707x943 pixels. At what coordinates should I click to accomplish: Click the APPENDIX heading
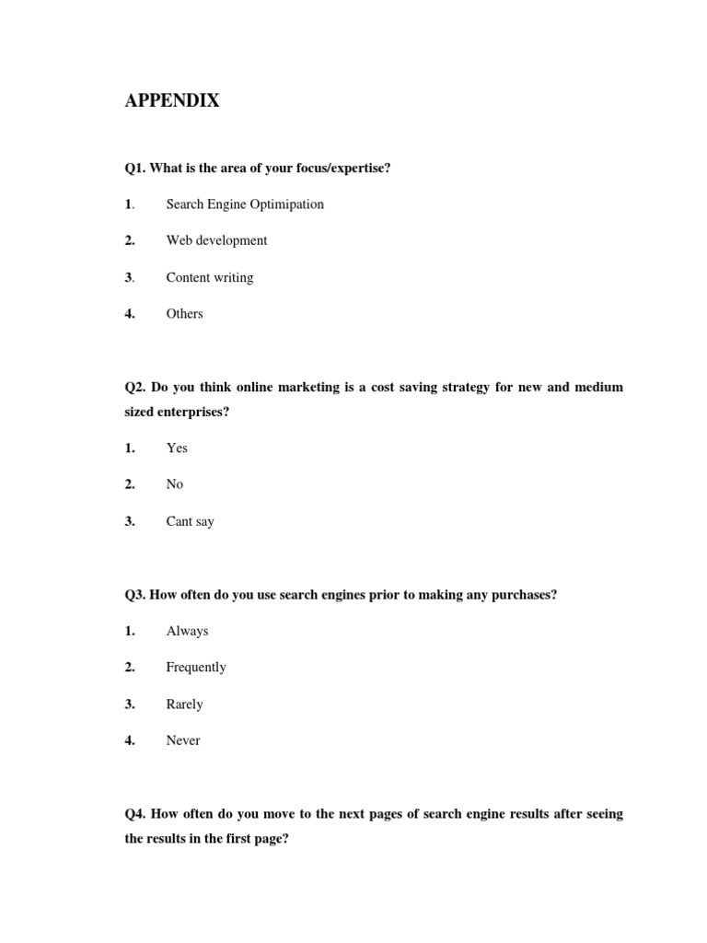[172, 101]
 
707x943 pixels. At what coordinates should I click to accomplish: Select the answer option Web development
[216, 240]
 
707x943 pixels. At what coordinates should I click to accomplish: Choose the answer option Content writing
[209, 277]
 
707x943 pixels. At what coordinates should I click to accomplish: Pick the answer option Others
[184, 314]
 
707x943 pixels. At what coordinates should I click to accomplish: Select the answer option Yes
[177, 448]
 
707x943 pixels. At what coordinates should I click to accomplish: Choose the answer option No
[174, 484]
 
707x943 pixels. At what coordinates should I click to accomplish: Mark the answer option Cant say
[190, 521]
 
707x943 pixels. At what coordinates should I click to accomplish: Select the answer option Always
[187, 631]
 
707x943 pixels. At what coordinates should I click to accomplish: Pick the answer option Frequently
[195, 668]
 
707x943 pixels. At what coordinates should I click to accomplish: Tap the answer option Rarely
[184, 704]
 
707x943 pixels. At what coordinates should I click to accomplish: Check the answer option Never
[182, 740]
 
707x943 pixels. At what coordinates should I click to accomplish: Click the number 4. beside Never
[130, 740]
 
